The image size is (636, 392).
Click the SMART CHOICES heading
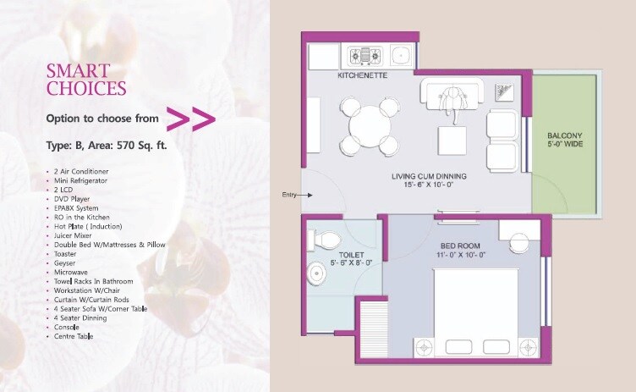[x=86, y=79]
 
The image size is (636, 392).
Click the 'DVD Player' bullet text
[x=69, y=199]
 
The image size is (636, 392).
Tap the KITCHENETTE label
[x=364, y=76]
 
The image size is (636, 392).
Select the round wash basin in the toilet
[x=316, y=273]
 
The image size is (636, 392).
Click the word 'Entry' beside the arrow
[x=289, y=195]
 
